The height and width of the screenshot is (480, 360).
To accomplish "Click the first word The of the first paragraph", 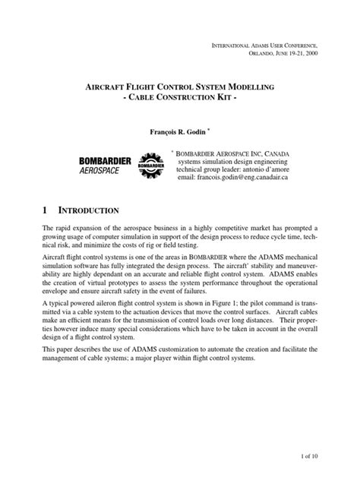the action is click(x=47, y=229).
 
